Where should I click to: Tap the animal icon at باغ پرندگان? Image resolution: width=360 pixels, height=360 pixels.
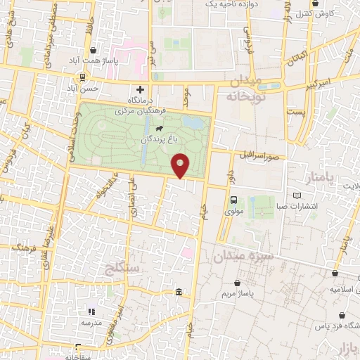coord(160,129)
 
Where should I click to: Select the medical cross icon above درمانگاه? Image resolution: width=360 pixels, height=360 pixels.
coord(140,89)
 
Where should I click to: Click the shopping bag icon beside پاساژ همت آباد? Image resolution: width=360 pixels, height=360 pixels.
coord(94,50)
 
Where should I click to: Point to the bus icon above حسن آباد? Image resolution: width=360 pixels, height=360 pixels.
coord(83,77)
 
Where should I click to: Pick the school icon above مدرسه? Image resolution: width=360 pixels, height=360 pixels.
coord(91,311)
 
